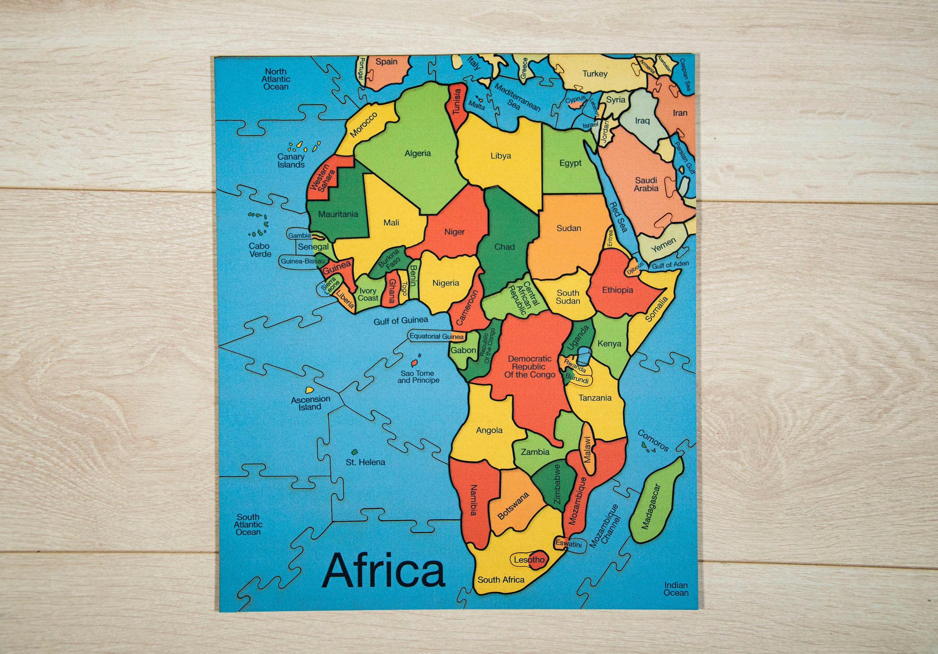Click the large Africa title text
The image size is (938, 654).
point(383,570)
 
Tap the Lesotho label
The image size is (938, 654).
point(529,560)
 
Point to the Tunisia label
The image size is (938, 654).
point(457,101)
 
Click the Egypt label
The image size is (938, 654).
point(570,163)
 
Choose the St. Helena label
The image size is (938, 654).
point(365,462)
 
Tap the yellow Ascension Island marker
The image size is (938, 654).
point(310,390)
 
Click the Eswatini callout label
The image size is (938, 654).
point(568,544)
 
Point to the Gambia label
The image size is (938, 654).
point(300,236)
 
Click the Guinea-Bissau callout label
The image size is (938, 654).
point(303,261)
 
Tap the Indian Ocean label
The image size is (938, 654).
point(676,589)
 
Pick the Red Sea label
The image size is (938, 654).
point(618,217)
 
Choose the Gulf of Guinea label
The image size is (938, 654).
point(401,321)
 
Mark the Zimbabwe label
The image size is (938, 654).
point(557,484)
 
